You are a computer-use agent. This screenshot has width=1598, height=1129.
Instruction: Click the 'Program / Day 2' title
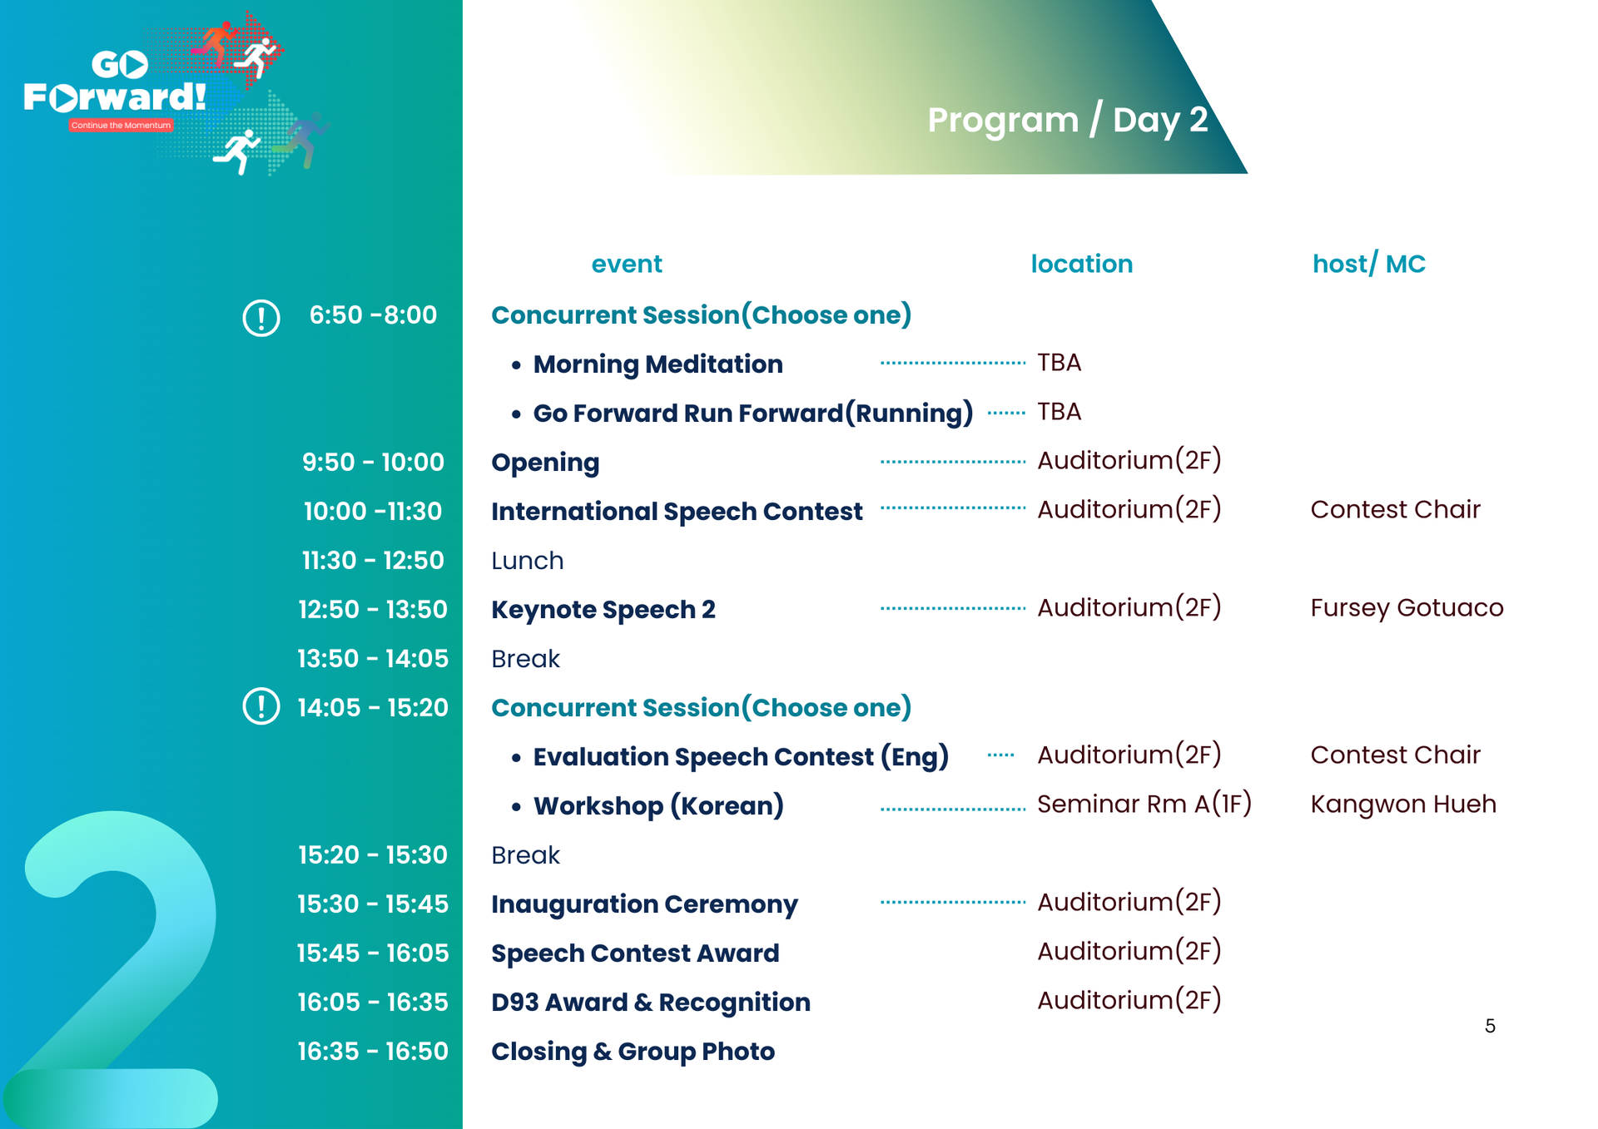point(1067,121)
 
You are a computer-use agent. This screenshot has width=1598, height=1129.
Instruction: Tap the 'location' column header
point(1081,264)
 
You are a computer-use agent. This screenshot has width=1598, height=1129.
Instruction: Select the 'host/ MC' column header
point(1368,264)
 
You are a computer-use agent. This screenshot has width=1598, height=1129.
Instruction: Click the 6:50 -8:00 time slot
point(373,315)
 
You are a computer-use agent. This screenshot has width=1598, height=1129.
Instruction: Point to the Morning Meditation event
point(658,364)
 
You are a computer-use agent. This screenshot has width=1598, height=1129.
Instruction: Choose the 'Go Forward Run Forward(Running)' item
point(752,413)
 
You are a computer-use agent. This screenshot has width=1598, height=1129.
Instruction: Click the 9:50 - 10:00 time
point(373,463)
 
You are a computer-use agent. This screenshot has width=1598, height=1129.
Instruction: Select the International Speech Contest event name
point(677,512)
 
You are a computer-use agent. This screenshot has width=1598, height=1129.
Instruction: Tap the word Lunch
point(527,561)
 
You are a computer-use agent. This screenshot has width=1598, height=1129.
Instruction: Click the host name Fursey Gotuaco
point(1407,608)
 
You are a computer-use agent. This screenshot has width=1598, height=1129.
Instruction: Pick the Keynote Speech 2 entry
point(603,610)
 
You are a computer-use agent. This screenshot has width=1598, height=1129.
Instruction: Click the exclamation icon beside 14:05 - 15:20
point(261,706)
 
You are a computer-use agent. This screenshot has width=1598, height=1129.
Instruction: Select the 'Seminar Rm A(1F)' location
point(1144,805)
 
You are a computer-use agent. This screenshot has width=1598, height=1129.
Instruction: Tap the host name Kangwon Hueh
point(1403,805)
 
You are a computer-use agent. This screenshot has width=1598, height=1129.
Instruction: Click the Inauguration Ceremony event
point(644,904)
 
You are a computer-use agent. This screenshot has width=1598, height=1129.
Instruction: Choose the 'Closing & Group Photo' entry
point(633,1052)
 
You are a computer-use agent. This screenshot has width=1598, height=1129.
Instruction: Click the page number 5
point(1490,1026)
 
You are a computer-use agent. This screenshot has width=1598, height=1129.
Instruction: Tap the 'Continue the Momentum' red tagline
point(122,126)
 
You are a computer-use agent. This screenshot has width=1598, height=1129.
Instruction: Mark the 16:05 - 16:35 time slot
point(373,1003)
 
